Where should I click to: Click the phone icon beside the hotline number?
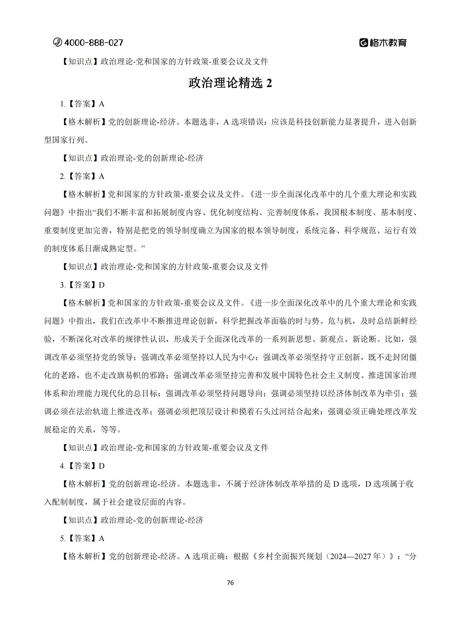57,42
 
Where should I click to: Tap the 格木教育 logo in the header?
383,43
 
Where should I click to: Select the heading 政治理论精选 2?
230,83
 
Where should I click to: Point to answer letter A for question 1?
102,104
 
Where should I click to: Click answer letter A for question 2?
102,177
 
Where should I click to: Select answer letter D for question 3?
102,285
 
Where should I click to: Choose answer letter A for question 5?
102,538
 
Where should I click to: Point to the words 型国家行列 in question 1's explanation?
64,140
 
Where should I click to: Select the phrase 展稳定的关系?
68,430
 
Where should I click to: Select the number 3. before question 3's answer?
63,285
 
